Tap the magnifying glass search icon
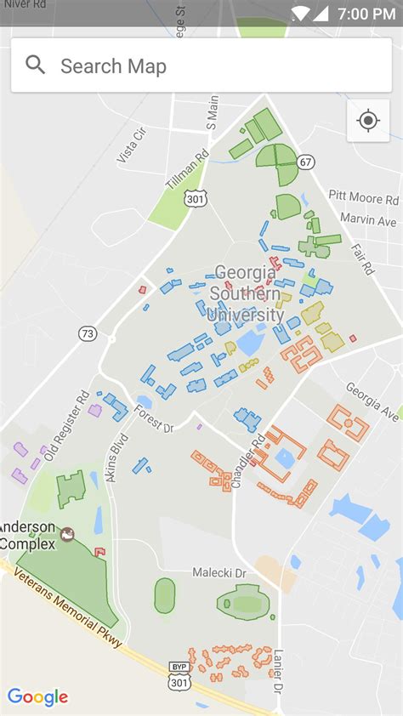(36, 65)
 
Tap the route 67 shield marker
(306, 162)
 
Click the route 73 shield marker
(88, 334)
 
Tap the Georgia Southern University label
(247, 293)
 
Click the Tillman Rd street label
(187, 170)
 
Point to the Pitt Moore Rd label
(363, 198)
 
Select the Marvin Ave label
(368, 220)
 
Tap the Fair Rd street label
(363, 258)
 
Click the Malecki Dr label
(219, 572)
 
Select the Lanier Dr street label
(278, 669)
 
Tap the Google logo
(37, 697)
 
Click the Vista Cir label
(132, 145)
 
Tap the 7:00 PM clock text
(366, 14)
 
